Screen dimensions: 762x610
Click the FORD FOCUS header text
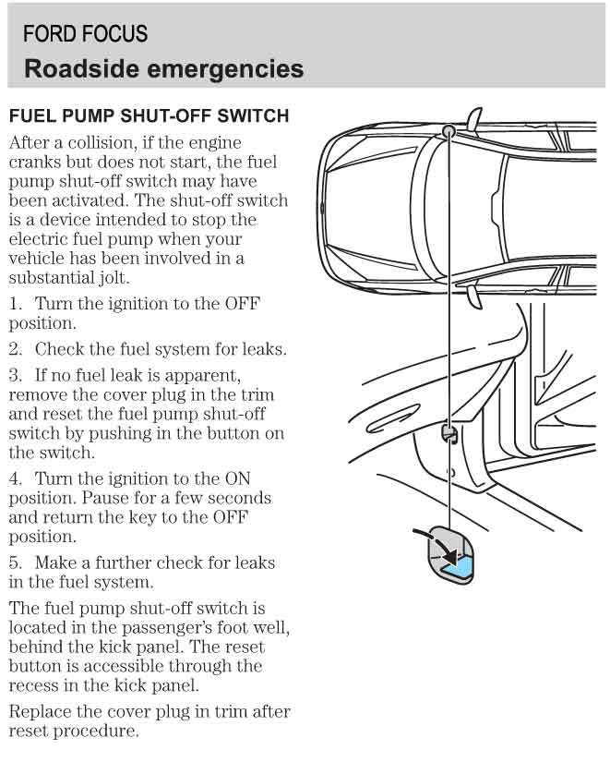(x=85, y=34)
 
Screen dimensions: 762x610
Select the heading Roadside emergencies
(x=163, y=68)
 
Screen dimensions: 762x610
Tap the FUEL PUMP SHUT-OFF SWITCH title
(x=149, y=116)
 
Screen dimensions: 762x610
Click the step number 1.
(x=14, y=304)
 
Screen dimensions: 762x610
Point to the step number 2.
(x=15, y=349)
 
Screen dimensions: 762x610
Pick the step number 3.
(x=15, y=376)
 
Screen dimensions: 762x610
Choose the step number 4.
(x=15, y=478)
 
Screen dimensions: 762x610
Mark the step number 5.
(x=15, y=562)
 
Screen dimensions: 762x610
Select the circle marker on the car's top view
(x=449, y=131)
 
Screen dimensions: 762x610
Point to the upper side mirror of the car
(x=473, y=117)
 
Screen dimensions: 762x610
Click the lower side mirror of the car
(x=472, y=296)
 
